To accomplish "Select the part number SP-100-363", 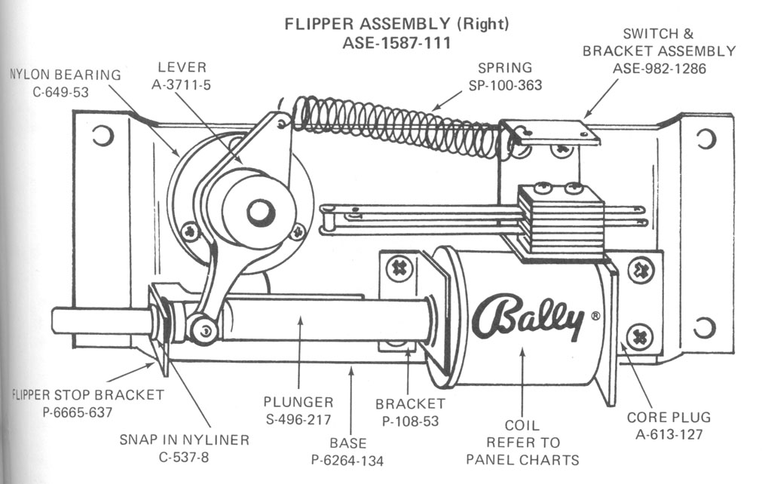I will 500,85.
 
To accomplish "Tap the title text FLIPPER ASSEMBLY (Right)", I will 396,24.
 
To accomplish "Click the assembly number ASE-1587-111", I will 396,43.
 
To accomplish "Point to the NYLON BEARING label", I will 65,75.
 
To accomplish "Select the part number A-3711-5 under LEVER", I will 181,85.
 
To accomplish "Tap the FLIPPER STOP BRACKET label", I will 87,394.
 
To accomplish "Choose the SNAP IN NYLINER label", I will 184,440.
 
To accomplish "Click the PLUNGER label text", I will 298,401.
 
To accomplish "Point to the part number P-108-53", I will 410,421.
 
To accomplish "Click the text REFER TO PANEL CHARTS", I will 522,451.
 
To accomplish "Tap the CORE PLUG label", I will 669,417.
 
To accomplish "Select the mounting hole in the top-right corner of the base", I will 705,138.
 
